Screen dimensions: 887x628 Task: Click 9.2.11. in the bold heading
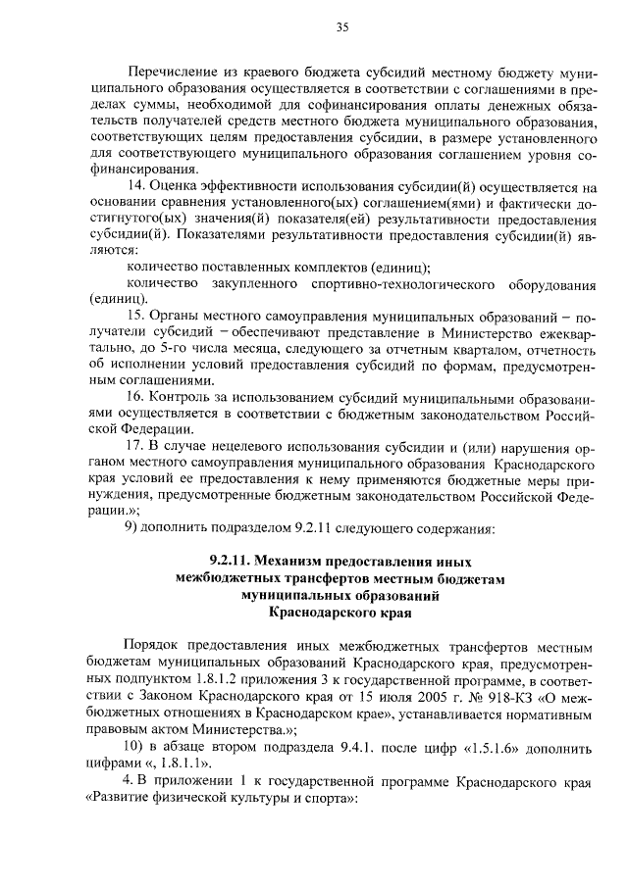[232, 563]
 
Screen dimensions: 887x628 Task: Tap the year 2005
[383, 695]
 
